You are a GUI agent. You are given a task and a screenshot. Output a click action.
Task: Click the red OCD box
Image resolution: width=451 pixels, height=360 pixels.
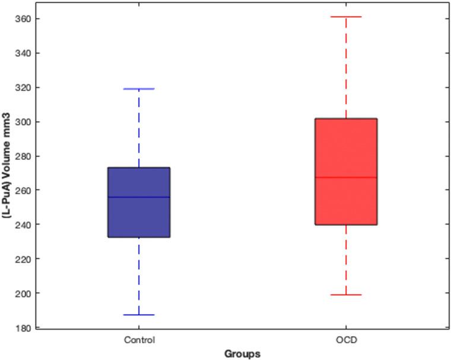tap(346, 149)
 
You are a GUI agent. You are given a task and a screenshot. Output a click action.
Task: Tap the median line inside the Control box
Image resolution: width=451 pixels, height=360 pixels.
tap(139, 197)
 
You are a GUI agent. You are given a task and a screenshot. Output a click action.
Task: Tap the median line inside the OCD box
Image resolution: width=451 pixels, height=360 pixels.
tap(346, 177)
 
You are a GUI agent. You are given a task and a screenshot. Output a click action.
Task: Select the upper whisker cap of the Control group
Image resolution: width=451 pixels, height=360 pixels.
tap(139, 89)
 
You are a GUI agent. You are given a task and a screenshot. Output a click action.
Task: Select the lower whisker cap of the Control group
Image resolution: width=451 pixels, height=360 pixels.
tap(139, 315)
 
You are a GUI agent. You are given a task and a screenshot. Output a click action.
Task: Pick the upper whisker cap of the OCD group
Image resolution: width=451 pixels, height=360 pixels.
tap(346, 17)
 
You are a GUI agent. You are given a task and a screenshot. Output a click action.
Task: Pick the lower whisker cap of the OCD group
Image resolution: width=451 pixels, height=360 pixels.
tap(346, 295)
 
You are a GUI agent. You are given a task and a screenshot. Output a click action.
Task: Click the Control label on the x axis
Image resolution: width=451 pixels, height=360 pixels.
tap(139, 340)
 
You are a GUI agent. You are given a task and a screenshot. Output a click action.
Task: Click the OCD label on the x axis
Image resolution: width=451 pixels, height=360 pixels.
tap(346, 340)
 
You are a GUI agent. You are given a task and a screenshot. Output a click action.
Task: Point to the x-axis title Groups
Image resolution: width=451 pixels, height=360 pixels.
tap(242, 354)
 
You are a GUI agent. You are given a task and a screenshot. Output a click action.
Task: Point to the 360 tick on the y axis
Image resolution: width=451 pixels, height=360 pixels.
tap(23, 19)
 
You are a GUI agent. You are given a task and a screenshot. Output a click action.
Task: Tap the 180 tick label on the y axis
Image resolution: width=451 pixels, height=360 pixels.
tap(23, 327)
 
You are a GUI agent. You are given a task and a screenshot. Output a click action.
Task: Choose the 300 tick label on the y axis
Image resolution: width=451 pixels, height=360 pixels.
tap(23, 122)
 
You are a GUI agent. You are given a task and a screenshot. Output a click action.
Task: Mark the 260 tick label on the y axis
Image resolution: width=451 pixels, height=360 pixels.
tap(23, 190)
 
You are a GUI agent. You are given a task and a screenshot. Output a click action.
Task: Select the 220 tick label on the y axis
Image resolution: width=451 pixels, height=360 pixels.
tap(23, 259)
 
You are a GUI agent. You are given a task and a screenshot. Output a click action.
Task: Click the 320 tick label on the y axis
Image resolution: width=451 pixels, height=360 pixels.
tap(23, 87)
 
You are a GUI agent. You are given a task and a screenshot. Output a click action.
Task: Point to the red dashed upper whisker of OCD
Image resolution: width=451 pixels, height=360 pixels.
tap(346, 68)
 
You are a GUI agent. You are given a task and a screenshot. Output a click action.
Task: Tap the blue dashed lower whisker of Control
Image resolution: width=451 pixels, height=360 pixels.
tap(139, 276)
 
